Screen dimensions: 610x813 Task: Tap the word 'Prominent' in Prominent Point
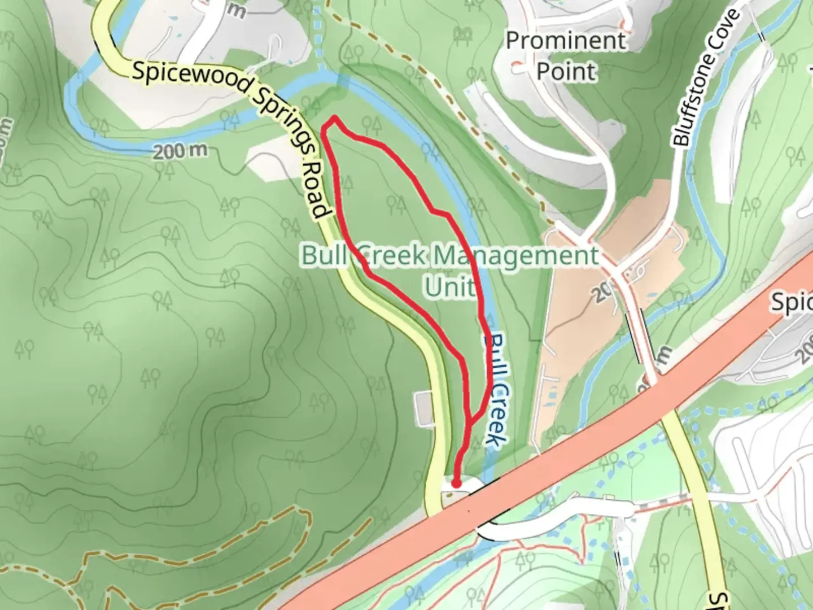[566, 41]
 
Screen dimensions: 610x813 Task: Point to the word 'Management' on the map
[515, 256]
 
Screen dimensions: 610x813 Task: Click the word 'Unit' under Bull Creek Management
[449, 286]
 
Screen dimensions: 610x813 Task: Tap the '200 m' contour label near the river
[180, 151]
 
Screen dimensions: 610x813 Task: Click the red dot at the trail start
[455, 483]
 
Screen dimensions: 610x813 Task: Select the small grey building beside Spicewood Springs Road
[423, 409]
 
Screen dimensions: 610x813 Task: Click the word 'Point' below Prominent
[566, 72]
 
